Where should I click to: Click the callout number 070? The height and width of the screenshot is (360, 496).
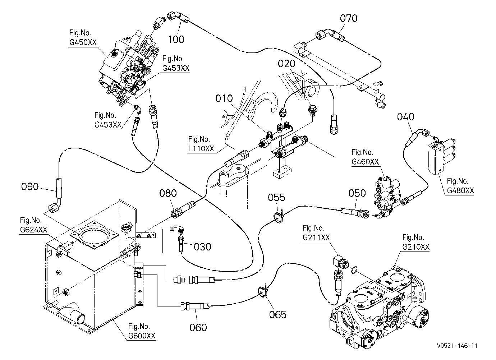pyautogui.click(x=349, y=18)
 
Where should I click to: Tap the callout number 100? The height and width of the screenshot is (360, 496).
pyautogui.click(x=176, y=40)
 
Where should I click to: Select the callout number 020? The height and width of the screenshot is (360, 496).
pyautogui.click(x=286, y=64)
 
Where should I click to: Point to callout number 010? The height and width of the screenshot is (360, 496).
pyautogui.click(x=224, y=98)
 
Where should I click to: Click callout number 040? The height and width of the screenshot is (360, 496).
pyautogui.click(x=405, y=117)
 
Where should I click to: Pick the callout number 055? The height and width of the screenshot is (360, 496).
pyautogui.click(x=276, y=197)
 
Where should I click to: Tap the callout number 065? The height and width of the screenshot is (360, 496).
pyautogui.click(x=278, y=314)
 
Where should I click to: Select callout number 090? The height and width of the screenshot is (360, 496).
pyautogui.click(x=30, y=186)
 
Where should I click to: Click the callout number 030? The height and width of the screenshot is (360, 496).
pyautogui.click(x=202, y=246)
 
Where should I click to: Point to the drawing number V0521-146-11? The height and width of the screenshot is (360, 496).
pyautogui.click(x=457, y=346)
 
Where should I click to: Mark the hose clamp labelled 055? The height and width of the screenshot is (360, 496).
pyautogui.click(x=278, y=217)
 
